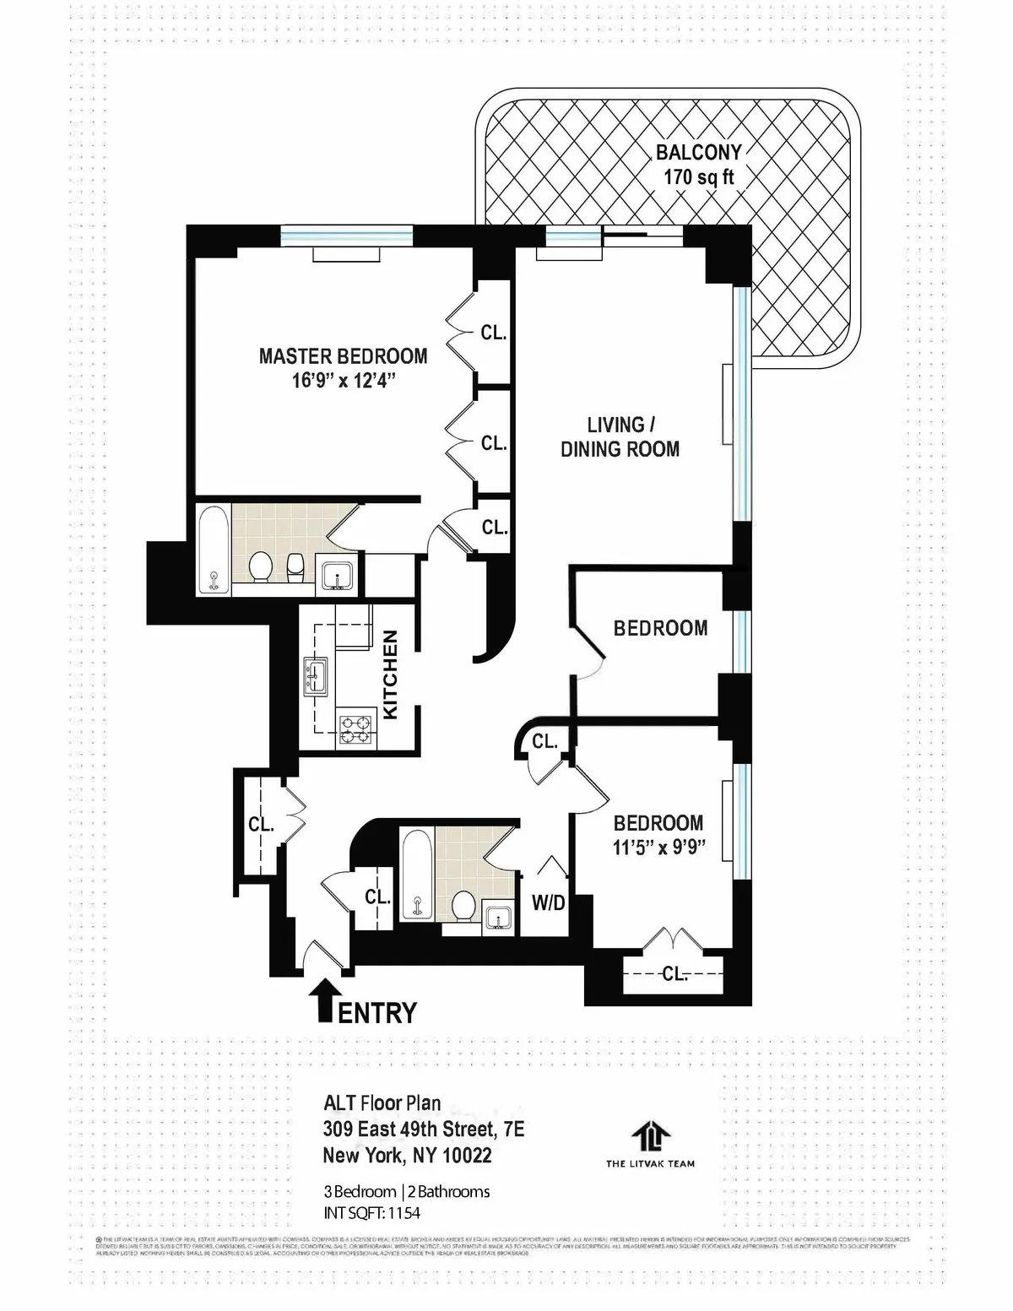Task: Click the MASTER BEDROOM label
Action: pyautogui.click(x=343, y=356)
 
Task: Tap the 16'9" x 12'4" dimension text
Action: pyautogui.click(x=343, y=381)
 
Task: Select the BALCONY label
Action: pyautogui.click(x=699, y=153)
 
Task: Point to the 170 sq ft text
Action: pyautogui.click(x=699, y=177)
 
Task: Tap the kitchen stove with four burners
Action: pyautogui.click(x=355, y=729)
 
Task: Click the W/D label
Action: pyautogui.click(x=548, y=903)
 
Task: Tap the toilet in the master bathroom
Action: pyautogui.click(x=262, y=566)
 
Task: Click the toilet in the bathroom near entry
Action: pyautogui.click(x=463, y=906)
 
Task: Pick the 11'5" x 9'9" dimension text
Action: pyautogui.click(x=658, y=847)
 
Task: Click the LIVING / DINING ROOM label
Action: pyautogui.click(x=620, y=437)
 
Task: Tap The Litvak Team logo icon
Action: pyautogui.click(x=650, y=1135)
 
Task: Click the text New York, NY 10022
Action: pyautogui.click(x=407, y=1155)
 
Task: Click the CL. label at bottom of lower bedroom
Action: pyautogui.click(x=674, y=974)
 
